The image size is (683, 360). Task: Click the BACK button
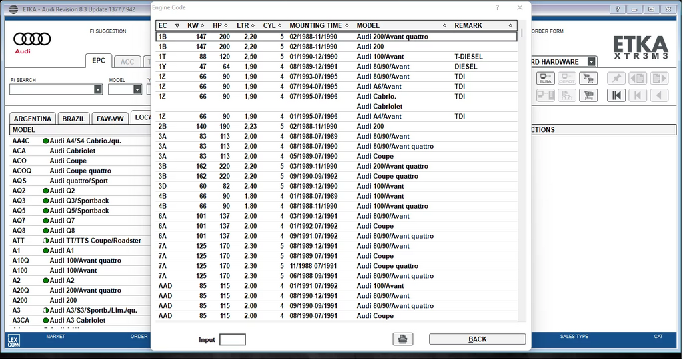pos(477,339)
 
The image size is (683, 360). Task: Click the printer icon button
pos(403,339)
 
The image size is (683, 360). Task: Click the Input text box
pos(232,340)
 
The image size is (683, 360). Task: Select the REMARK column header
pos(468,25)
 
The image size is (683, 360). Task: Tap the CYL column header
pos(269,25)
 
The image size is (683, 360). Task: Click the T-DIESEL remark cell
pos(468,57)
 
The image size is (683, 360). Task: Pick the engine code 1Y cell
pos(163,67)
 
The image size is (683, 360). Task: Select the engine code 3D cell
pos(163,187)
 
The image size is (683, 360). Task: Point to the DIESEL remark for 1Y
pos(466,67)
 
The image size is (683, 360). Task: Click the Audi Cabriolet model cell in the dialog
pos(380,107)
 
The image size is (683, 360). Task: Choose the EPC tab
pos(99,61)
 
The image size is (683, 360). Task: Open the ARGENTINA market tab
pos(33,119)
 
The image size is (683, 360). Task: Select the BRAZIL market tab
pos(73,119)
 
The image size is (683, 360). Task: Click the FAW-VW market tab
pos(110,119)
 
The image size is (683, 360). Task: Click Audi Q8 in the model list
pos(62,231)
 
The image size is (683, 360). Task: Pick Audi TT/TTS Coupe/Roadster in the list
pos(95,241)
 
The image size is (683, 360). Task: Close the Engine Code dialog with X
pos(520,8)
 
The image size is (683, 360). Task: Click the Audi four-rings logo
pos(32,39)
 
